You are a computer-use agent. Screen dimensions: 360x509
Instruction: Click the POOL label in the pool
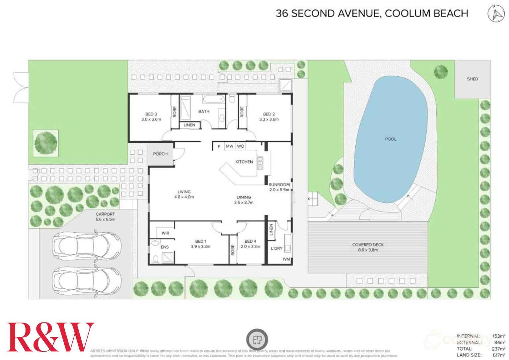[x=390, y=139]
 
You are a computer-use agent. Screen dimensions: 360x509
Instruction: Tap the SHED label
[x=472, y=79]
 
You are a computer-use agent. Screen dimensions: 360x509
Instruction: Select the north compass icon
[x=496, y=14]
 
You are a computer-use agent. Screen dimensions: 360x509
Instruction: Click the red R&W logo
[x=50, y=337]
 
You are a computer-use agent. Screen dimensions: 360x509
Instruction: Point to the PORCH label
[x=160, y=154]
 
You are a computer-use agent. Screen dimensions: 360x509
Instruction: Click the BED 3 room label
[x=151, y=114]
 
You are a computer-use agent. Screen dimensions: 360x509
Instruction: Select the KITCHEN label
[x=244, y=162]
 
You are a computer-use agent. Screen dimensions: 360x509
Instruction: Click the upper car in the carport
[x=87, y=246]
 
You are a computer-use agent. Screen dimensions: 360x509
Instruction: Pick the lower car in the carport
[x=87, y=279]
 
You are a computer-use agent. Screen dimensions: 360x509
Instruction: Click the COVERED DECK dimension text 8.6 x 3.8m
[x=368, y=250]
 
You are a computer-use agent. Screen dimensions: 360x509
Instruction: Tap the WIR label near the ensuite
[x=165, y=233]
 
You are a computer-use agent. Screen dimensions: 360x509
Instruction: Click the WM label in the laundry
[x=286, y=259]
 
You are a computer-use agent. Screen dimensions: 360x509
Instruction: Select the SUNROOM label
[x=279, y=184]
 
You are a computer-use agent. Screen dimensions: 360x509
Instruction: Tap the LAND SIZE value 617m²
[x=499, y=355]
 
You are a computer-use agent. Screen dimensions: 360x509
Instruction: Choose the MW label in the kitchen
[x=229, y=146]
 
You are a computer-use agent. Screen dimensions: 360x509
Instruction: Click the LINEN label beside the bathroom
[x=189, y=125]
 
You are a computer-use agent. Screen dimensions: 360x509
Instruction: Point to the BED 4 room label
[x=250, y=241]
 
